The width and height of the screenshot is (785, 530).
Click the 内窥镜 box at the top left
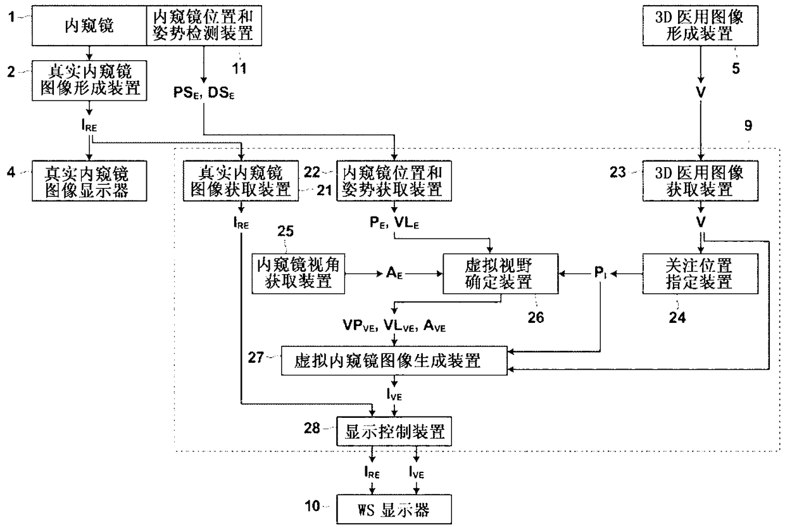coord(89,27)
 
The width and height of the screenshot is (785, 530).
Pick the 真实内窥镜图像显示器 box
coord(89,180)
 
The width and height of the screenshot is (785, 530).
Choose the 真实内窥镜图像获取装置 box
coord(241,181)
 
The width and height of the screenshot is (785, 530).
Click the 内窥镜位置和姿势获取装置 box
coord(394,180)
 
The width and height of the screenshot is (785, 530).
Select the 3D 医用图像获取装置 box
coord(700,180)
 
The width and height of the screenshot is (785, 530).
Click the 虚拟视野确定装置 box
coord(491,274)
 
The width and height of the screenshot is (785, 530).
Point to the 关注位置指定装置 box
coord(700,274)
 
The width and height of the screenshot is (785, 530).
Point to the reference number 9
coord(748,125)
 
